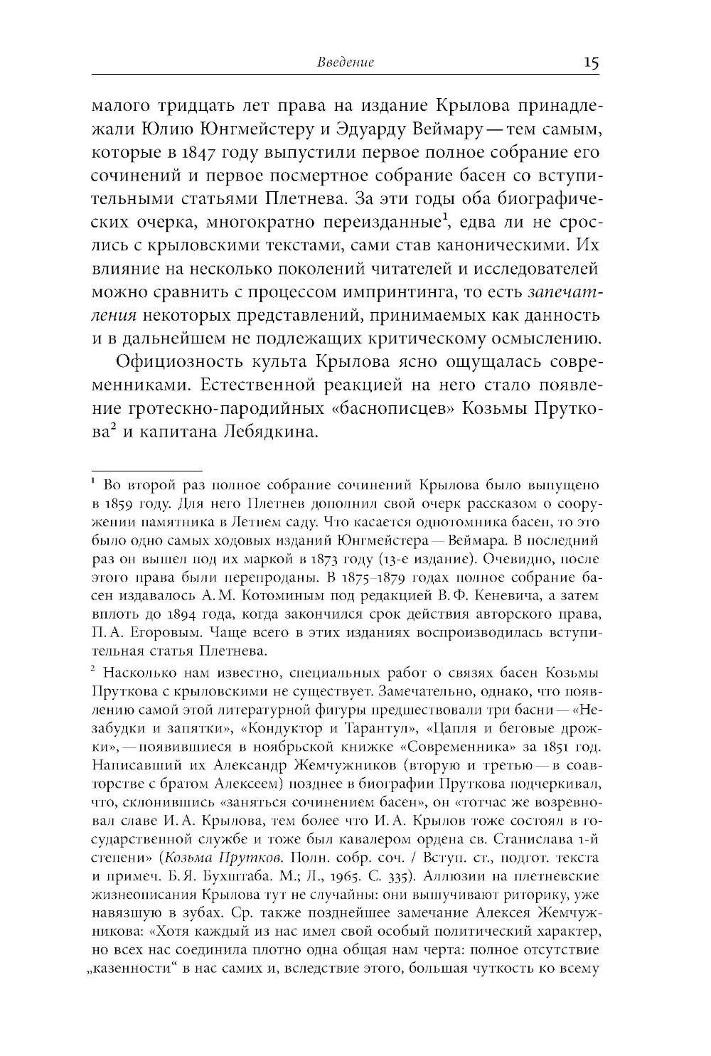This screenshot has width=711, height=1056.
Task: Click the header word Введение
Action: (x=344, y=63)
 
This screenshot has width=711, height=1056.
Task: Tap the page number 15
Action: (x=591, y=63)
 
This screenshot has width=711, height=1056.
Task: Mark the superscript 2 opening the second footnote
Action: (x=94, y=670)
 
